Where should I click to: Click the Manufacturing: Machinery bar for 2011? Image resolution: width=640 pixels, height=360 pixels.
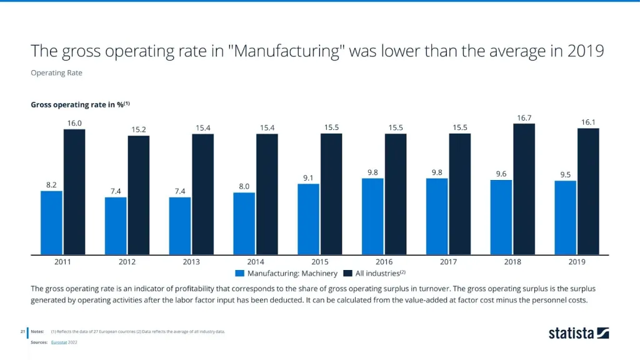(x=51, y=222)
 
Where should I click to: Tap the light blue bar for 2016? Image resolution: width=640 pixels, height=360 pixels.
(x=372, y=216)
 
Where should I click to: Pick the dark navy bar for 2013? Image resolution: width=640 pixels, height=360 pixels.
(x=202, y=194)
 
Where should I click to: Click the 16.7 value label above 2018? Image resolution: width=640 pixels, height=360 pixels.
(x=524, y=117)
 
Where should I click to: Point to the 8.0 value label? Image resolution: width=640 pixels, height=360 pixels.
(x=244, y=186)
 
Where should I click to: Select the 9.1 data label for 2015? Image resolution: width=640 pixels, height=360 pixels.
(x=308, y=178)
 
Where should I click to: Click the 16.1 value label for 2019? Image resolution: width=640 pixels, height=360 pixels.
(x=588, y=122)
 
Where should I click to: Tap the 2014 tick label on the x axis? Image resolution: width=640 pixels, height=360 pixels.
(x=255, y=262)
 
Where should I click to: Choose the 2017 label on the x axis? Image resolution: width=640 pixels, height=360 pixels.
(x=447, y=262)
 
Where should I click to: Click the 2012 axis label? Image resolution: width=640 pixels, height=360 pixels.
(x=127, y=262)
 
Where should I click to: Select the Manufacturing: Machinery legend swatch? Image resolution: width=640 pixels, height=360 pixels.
(x=239, y=273)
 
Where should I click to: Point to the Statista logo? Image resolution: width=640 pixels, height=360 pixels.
(x=579, y=333)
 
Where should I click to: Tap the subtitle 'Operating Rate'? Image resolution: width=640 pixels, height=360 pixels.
(x=56, y=72)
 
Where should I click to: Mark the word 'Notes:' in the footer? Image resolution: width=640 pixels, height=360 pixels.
(x=37, y=331)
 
